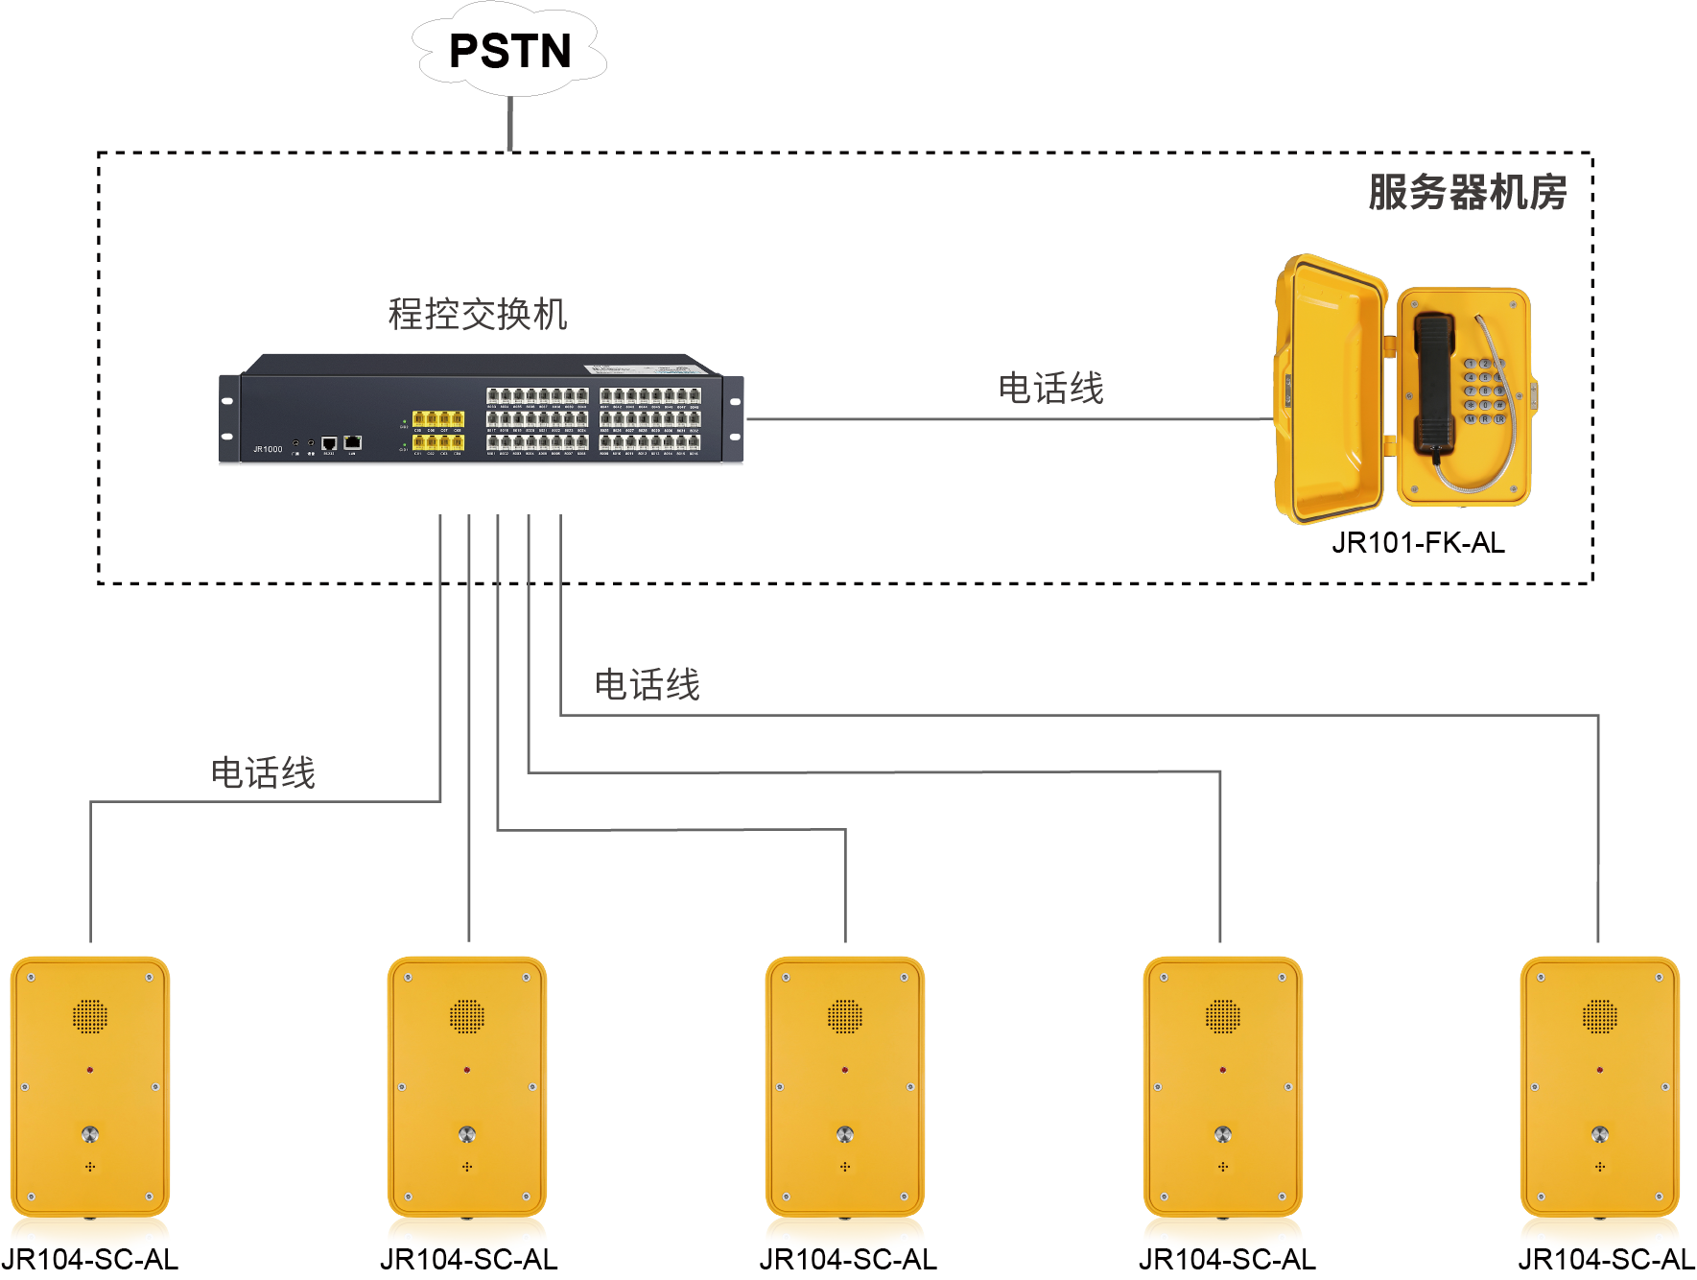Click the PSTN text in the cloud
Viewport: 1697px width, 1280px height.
point(509,52)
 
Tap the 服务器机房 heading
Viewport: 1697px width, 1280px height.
point(1467,192)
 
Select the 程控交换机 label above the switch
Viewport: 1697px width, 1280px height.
point(478,314)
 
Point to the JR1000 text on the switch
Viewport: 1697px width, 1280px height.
point(268,449)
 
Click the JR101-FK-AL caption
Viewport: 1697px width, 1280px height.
point(1418,543)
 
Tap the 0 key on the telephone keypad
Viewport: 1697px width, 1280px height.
point(1485,406)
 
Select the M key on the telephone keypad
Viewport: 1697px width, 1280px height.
point(1471,419)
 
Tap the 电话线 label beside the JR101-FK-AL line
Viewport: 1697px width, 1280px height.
point(1050,389)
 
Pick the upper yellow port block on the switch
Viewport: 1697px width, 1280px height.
point(438,418)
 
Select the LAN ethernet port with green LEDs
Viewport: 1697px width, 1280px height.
point(353,441)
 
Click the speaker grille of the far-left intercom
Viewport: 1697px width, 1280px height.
point(90,1016)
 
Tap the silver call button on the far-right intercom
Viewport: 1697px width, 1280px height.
point(1599,1134)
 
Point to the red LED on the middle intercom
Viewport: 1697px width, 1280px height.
point(845,1069)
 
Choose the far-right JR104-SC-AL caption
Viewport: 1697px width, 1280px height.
point(1606,1260)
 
